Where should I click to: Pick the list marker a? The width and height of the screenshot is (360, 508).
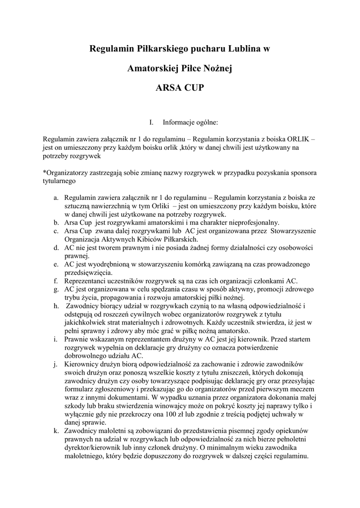point(57,197)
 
